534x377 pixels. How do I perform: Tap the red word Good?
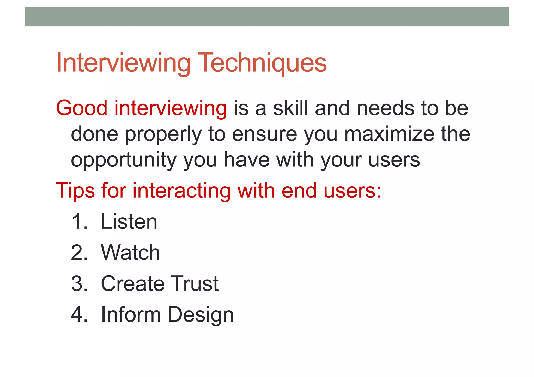(x=82, y=108)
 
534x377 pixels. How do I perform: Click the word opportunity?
(x=124, y=160)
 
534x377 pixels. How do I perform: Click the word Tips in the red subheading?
(x=75, y=191)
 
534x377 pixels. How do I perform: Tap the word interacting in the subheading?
(x=181, y=191)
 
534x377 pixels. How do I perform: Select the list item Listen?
(x=129, y=222)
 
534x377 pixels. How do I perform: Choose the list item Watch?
(x=130, y=252)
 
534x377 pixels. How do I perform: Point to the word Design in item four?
(x=201, y=315)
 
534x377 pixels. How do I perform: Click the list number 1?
(x=78, y=222)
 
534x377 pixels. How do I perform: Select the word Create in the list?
(x=132, y=283)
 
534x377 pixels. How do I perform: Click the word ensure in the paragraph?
(x=264, y=134)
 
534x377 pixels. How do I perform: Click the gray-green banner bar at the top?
(x=267, y=17)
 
